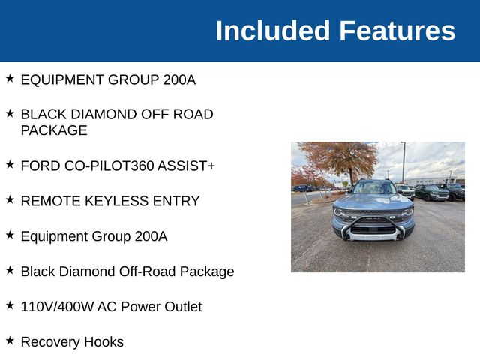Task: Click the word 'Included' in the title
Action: tap(272, 31)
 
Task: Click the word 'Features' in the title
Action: tap(397, 31)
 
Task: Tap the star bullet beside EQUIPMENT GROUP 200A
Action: tap(10, 78)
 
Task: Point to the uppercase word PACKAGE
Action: tap(54, 130)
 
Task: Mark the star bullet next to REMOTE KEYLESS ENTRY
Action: tap(10, 199)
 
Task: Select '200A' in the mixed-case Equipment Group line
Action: tap(148, 236)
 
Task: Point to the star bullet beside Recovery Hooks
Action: tap(10, 340)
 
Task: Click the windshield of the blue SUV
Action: tap(373, 188)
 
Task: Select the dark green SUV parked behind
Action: tap(432, 193)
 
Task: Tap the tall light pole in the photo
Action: tap(403, 162)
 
